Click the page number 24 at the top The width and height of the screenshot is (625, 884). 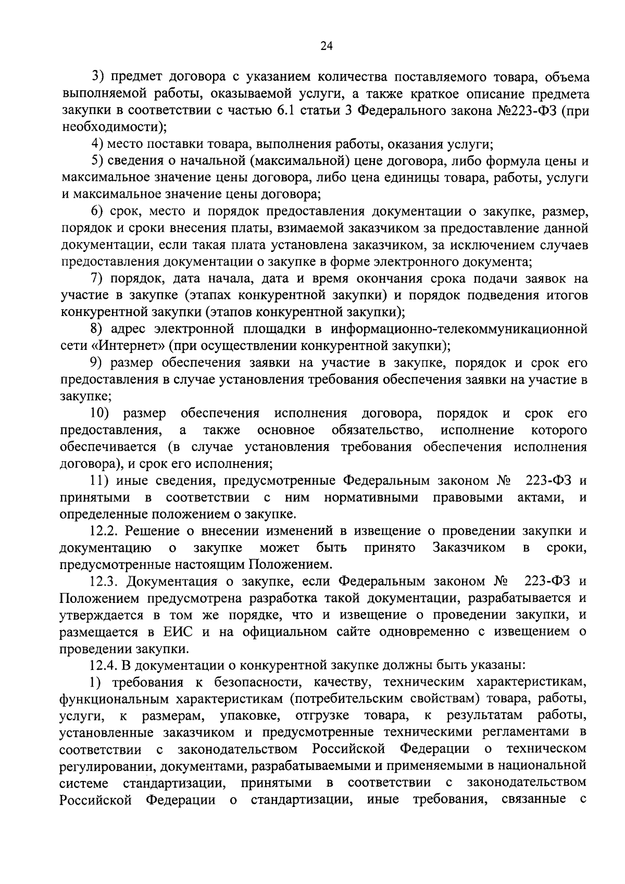pyautogui.click(x=326, y=46)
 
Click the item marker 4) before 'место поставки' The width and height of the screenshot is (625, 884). pyautogui.click(x=98, y=144)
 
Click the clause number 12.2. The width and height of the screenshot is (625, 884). pyautogui.click(x=106, y=531)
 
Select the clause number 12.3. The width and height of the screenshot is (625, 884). pyautogui.click(x=106, y=581)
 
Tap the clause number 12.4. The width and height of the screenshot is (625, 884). pyautogui.click(x=106, y=665)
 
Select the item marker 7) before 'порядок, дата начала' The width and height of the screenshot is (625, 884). pyautogui.click(x=98, y=279)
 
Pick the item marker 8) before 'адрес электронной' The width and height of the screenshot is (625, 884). pyautogui.click(x=98, y=329)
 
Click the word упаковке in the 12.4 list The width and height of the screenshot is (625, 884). pyautogui.click(x=249, y=716)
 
